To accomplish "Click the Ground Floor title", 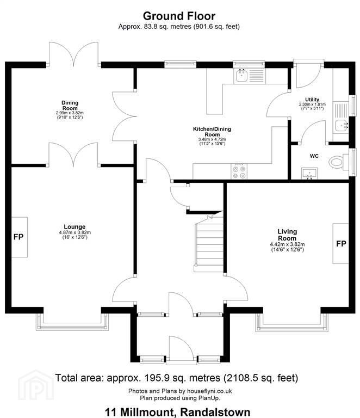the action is (179, 16).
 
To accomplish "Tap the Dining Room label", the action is (70, 105).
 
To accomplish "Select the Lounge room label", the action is (75, 226).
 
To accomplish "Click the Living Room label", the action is (287, 235).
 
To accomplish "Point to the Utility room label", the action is (312, 100).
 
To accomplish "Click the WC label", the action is (314, 156).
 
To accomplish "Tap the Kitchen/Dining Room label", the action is (212, 132).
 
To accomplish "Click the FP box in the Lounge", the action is (19, 237).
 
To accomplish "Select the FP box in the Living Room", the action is (341, 243).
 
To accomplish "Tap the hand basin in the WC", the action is (309, 173).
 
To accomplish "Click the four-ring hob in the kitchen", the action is (239, 171).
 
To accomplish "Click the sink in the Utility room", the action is (341, 126).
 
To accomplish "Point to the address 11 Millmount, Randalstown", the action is (178, 412).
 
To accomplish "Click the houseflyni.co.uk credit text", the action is (209, 391).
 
